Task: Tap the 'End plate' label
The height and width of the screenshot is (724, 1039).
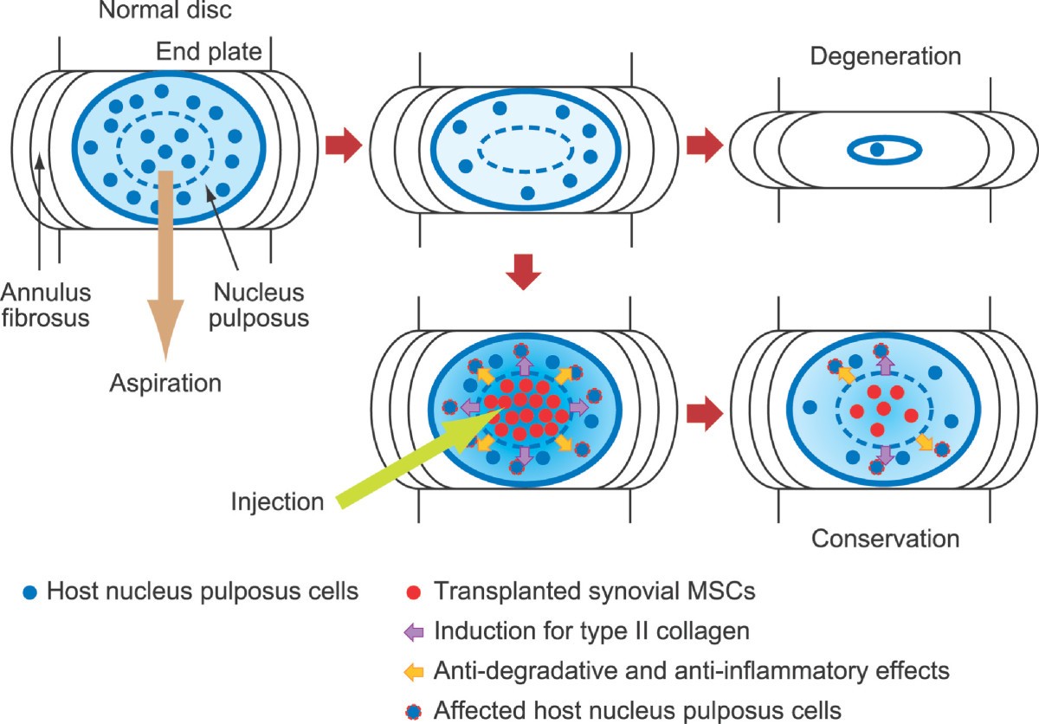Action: tap(209, 53)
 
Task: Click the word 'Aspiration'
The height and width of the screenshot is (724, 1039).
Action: tap(165, 382)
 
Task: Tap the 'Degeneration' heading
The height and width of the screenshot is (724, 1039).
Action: tap(886, 57)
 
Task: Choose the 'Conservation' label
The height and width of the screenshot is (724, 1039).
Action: tap(885, 539)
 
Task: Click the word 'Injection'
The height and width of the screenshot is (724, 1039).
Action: tap(277, 501)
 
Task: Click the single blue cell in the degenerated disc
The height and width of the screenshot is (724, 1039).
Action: tap(877, 150)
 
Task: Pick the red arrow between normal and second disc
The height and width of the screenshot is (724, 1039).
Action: tap(344, 143)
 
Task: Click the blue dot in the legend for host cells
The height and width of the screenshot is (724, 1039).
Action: tap(30, 592)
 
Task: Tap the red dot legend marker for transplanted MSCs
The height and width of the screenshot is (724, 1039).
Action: tap(415, 592)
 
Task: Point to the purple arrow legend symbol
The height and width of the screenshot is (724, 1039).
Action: tap(415, 631)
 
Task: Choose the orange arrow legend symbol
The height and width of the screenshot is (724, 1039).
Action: tap(415, 670)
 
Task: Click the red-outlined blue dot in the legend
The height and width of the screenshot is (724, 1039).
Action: tap(415, 709)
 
